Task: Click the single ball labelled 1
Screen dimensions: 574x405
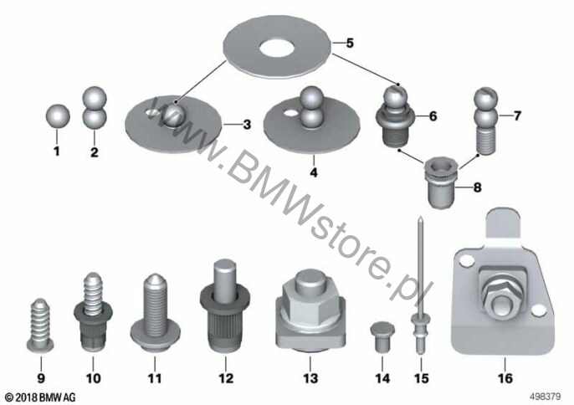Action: [58, 116]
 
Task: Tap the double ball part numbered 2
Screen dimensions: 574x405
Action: [94, 109]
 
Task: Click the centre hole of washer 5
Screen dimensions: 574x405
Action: [277, 47]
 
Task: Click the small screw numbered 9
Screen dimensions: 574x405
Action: [40, 326]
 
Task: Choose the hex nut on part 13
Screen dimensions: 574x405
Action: [310, 300]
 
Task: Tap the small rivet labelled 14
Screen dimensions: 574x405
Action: [382, 336]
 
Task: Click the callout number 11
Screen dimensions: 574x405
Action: [155, 377]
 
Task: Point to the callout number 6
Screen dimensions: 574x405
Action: [433, 116]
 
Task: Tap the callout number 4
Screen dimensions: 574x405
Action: [314, 172]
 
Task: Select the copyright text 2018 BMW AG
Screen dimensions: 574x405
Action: [41, 397]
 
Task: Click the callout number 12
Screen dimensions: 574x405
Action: [226, 377]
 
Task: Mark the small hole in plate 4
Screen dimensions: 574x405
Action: [291, 112]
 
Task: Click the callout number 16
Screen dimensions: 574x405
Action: [505, 377]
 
